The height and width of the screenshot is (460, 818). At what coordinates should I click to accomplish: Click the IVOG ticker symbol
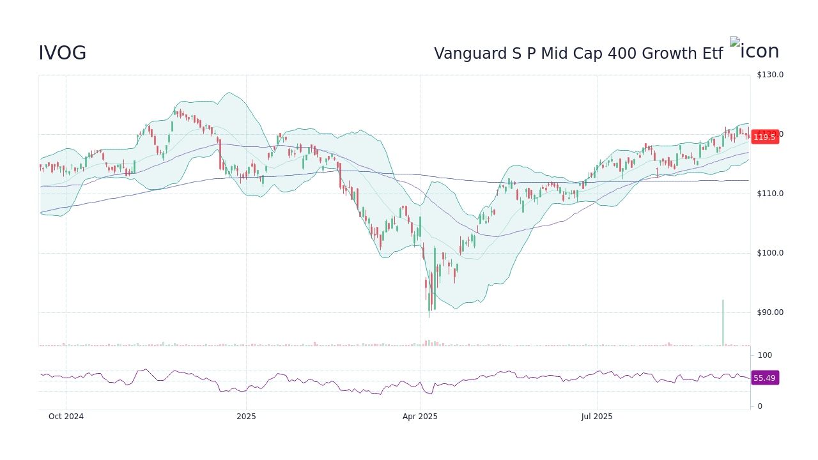pyautogui.click(x=62, y=54)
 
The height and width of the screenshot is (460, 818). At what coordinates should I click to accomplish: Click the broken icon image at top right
pyautogui.click(x=754, y=51)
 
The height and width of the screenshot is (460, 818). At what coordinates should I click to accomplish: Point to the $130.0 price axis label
pyautogui.click(x=769, y=75)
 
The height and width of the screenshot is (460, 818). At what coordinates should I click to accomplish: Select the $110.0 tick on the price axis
pyautogui.click(x=769, y=194)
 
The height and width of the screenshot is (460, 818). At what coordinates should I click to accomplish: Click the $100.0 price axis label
pyautogui.click(x=769, y=253)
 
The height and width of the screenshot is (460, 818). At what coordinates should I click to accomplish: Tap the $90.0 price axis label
pyautogui.click(x=769, y=312)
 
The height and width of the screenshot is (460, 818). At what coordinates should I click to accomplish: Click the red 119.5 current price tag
pyautogui.click(x=764, y=137)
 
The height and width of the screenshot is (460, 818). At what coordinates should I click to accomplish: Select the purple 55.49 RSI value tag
pyautogui.click(x=764, y=378)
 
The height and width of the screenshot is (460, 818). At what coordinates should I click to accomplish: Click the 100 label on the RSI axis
pyautogui.click(x=764, y=355)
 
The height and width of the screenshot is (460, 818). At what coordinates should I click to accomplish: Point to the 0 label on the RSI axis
pyautogui.click(x=760, y=406)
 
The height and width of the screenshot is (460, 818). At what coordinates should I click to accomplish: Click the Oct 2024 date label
pyautogui.click(x=66, y=417)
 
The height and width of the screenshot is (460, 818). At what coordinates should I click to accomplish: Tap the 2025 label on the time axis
pyautogui.click(x=246, y=417)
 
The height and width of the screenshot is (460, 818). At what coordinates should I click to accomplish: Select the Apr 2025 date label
pyautogui.click(x=420, y=417)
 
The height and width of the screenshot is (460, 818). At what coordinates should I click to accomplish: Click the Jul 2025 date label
pyautogui.click(x=597, y=417)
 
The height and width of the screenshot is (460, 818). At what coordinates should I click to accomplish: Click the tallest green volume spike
pyautogui.click(x=723, y=323)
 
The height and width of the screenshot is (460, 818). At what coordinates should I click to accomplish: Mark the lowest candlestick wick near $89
pyautogui.click(x=429, y=316)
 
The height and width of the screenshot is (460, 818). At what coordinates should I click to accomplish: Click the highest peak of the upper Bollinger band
pyautogui.click(x=228, y=93)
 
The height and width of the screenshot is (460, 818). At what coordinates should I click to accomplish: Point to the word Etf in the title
pyautogui.click(x=713, y=54)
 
